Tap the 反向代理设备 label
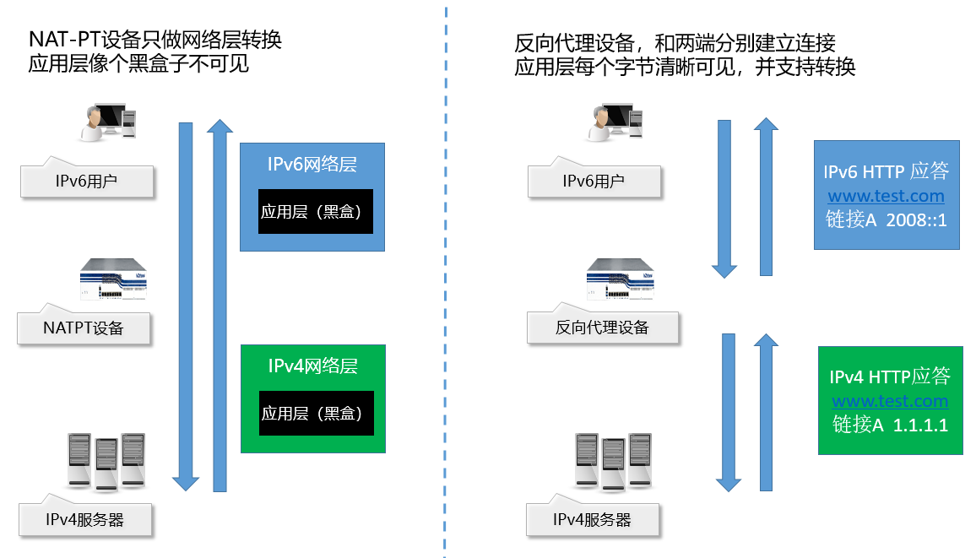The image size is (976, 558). [x=602, y=328]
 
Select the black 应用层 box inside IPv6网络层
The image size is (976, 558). [x=315, y=212]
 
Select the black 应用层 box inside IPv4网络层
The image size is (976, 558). [x=315, y=414]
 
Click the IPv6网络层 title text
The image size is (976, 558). [x=312, y=164]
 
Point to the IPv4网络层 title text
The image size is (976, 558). [x=312, y=366]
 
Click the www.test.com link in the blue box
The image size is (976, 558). [x=886, y=197]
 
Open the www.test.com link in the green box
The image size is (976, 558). [x=890, y=401]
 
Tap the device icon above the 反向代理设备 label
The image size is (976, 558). [x=619, y=279]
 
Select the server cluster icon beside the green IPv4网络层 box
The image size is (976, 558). [x=106, y=461]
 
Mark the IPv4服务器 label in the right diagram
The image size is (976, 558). [x=592, y=520]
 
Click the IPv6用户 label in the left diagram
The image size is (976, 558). [x=86, y=181]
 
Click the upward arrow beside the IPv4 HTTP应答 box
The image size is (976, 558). [x=766, y=411]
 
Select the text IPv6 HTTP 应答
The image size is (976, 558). [x=886, y=171]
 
